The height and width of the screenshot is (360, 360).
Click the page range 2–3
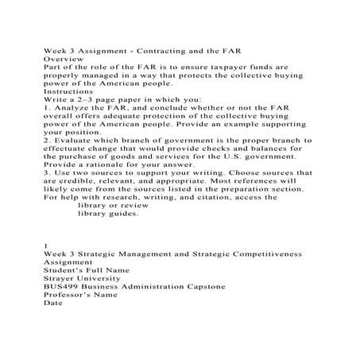click(x=83, y=99)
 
